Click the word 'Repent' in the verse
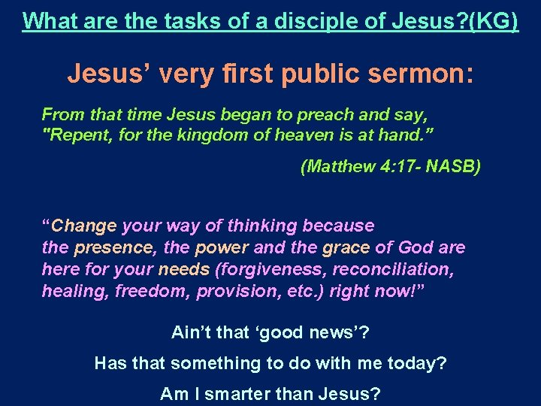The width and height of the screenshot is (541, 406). click(77, 136)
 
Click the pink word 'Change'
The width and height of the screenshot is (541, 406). click(84, 226)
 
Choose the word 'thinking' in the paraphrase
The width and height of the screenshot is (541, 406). click(267, 226)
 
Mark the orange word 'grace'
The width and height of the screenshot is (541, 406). click(346, 247)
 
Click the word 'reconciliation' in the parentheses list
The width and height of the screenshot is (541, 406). click(401, 269)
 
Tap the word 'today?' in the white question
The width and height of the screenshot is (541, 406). click(417, 363)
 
